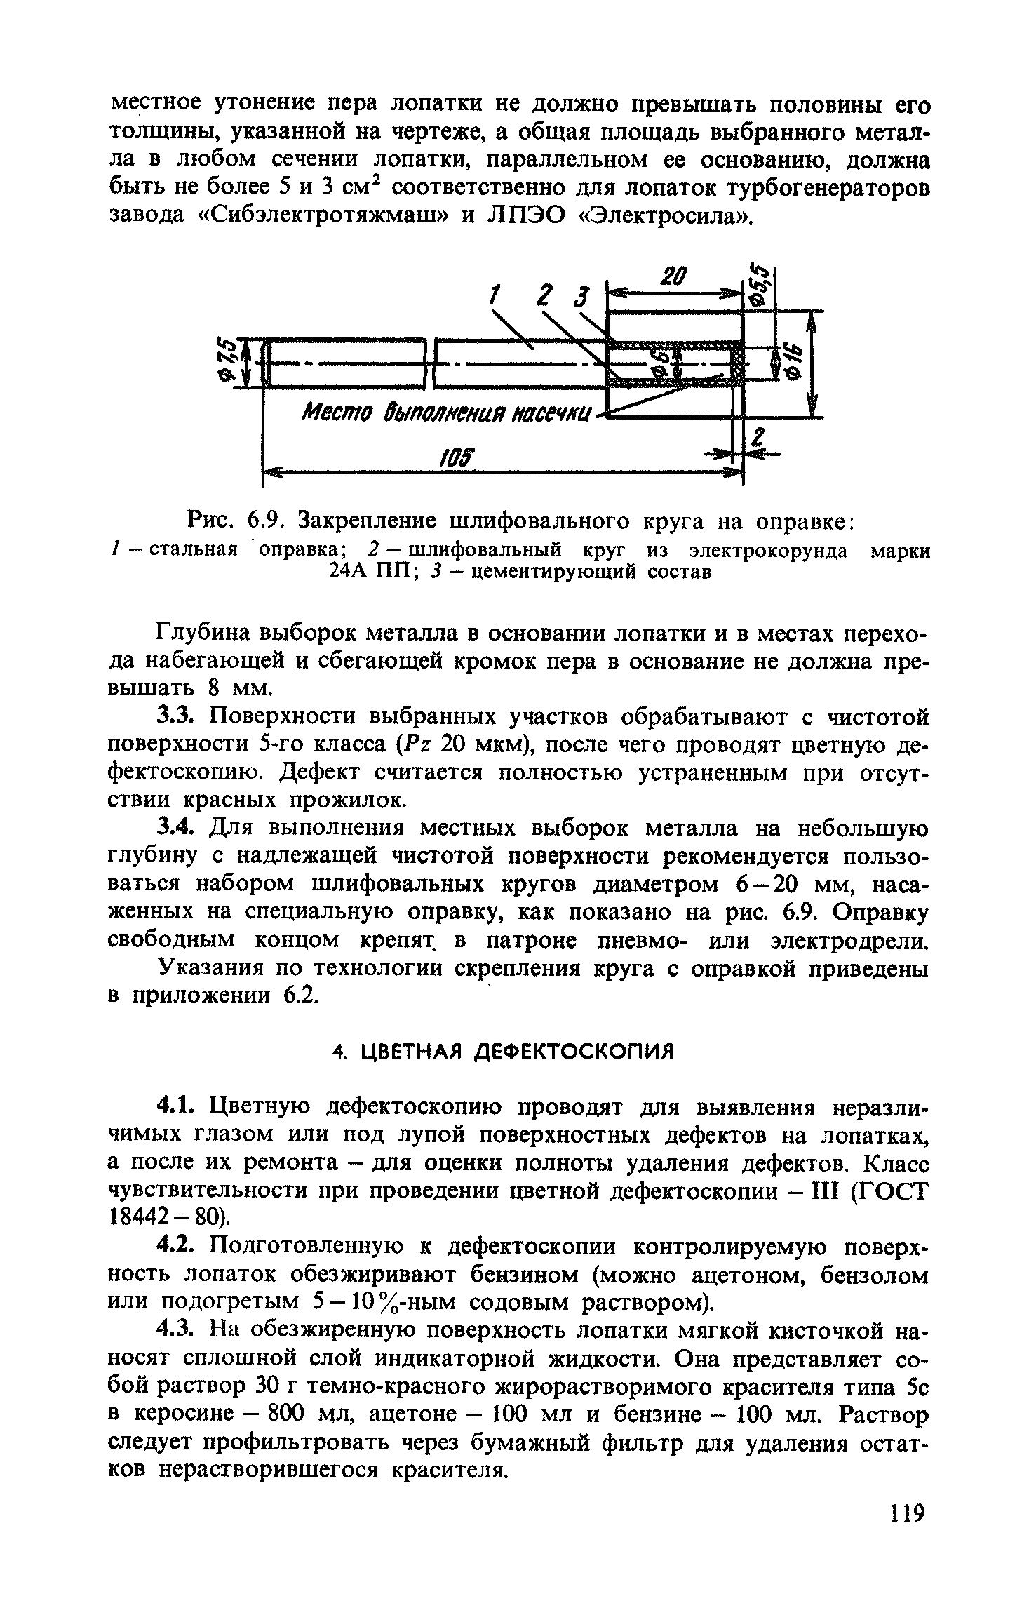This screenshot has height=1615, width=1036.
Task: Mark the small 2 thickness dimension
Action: [x=757, y=439]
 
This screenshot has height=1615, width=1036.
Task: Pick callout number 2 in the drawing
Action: [x=541, y=295]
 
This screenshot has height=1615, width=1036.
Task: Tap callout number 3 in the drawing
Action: [x=580, y=295]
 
